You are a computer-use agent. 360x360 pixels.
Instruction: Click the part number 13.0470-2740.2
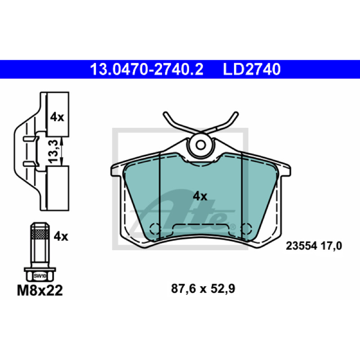pyautogui.click(x=147, y=69)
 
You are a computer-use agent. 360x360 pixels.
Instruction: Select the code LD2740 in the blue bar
pyautogui.click(x=252, y=69)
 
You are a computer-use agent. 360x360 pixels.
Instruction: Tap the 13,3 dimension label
pyautogui.click(x=53, y=152)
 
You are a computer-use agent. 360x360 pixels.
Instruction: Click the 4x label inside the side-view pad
pyautogui.click(x=57, y=117)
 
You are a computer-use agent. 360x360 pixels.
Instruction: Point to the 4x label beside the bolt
pyautogui.click(x=61, y=236)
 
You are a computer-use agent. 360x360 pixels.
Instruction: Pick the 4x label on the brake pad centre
pyautogui.click(x=200, y=196)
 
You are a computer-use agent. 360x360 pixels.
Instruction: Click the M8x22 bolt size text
pyautogui.click(x=40, y=290)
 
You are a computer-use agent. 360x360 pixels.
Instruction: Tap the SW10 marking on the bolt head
pyautogui.click(x=40, y=276)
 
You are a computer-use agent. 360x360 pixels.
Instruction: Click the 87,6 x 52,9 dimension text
pyautogui.click(x=203, y=288)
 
